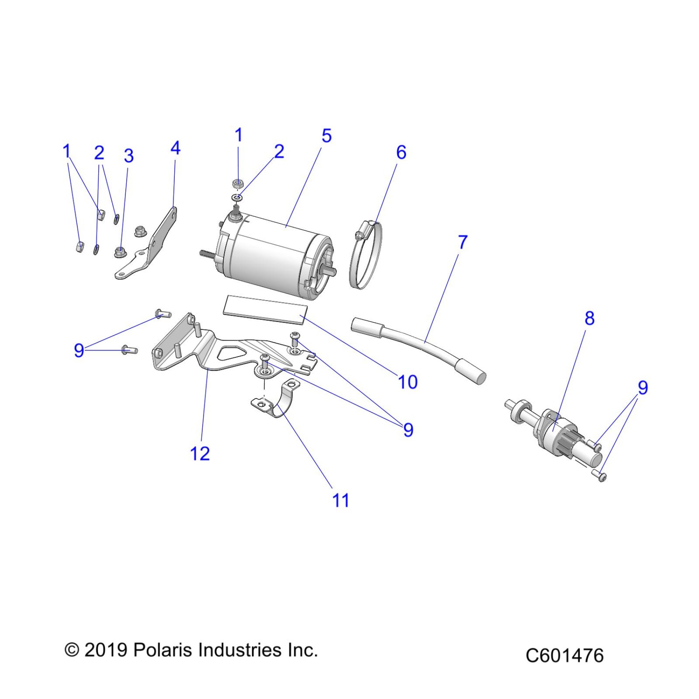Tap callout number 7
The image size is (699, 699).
point(463,242)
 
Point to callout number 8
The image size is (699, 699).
point(589,318)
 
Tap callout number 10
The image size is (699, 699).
point(407,382)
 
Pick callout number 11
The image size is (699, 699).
point(340,500)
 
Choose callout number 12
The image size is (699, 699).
point(200,454)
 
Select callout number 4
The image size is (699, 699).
point(175,148)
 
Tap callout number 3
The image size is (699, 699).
point(129,156)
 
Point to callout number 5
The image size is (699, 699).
point(326,136)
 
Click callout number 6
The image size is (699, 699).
point(401,153)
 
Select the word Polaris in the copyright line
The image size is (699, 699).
point(163,650)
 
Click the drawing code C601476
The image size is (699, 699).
point(564,655)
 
